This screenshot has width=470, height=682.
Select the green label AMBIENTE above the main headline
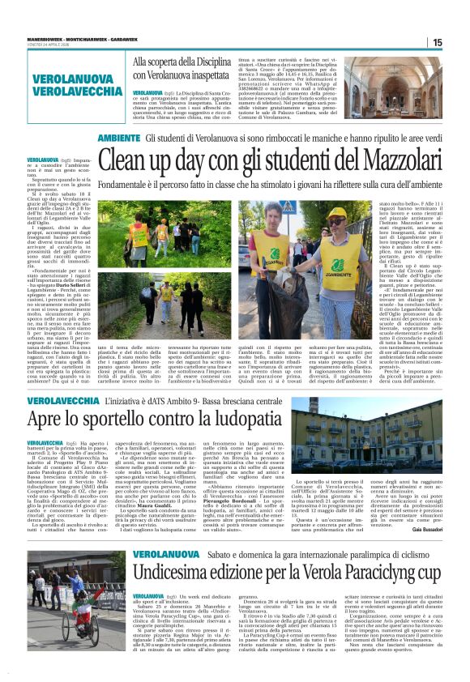(x=119, y=139)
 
